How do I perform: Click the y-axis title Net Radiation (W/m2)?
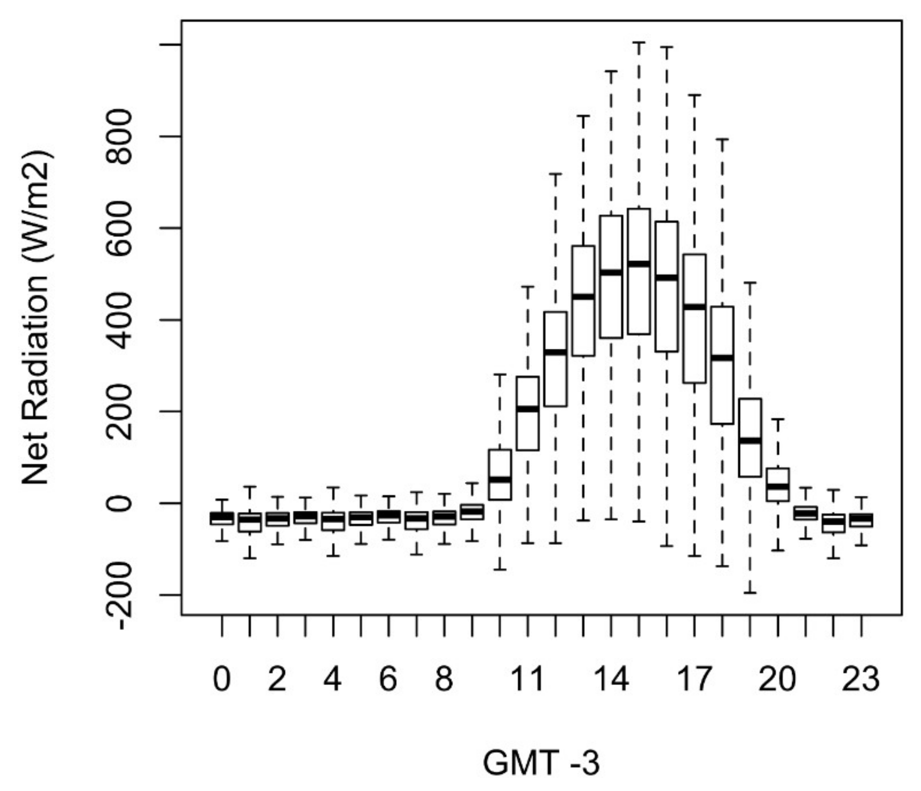coord(37,317)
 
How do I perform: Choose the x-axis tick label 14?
coord(611,679)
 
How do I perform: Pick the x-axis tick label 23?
coord(861,679)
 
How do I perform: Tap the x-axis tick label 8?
coord(444,679)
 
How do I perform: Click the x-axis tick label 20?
coord(778,679)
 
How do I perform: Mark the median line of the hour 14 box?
coord(611,272)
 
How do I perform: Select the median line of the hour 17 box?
coord(694,307)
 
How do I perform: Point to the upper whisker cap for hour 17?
coord(694,95)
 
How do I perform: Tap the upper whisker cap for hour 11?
coord(528,287)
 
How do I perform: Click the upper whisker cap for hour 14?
coord(611,71)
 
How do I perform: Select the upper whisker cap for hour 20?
coord(778,419)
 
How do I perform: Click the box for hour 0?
coord(222,518)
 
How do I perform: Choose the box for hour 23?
coord(861,520)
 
